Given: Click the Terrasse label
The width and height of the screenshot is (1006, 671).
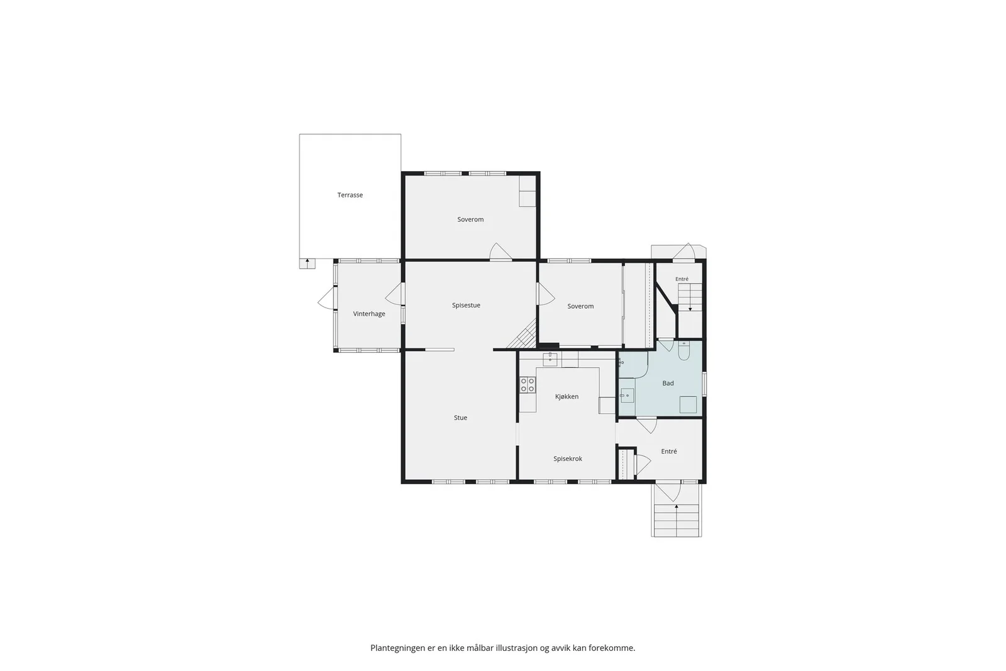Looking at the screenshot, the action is pos(350,195).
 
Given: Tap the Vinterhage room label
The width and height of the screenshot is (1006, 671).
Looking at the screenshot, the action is pos(368,314).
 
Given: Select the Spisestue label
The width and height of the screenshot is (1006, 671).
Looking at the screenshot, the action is pos(466,306).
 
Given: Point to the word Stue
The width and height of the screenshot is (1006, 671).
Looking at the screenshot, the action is pos(460,418).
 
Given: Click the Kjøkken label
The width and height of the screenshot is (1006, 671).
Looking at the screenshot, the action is pos(567,397).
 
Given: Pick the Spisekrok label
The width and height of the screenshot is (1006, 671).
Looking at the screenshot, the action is pos(568,458).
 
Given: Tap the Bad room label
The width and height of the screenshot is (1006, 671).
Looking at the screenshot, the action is pos(668,383).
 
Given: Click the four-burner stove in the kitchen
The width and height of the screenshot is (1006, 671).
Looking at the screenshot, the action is pos(528,384).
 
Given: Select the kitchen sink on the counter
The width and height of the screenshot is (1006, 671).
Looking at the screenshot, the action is pos(550,358).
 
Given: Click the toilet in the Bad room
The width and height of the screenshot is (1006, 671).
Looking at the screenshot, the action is pos(684,351).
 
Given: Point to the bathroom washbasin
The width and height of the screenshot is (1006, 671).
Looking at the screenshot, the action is pos(627,396).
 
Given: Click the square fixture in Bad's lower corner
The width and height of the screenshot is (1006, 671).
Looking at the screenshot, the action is pos(688,404).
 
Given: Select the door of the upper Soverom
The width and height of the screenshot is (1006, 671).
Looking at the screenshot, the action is pos(500,252).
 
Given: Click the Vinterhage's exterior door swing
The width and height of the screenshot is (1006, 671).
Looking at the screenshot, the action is pos(326,298).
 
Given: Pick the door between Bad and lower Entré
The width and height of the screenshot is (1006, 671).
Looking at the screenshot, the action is pos(647,425).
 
